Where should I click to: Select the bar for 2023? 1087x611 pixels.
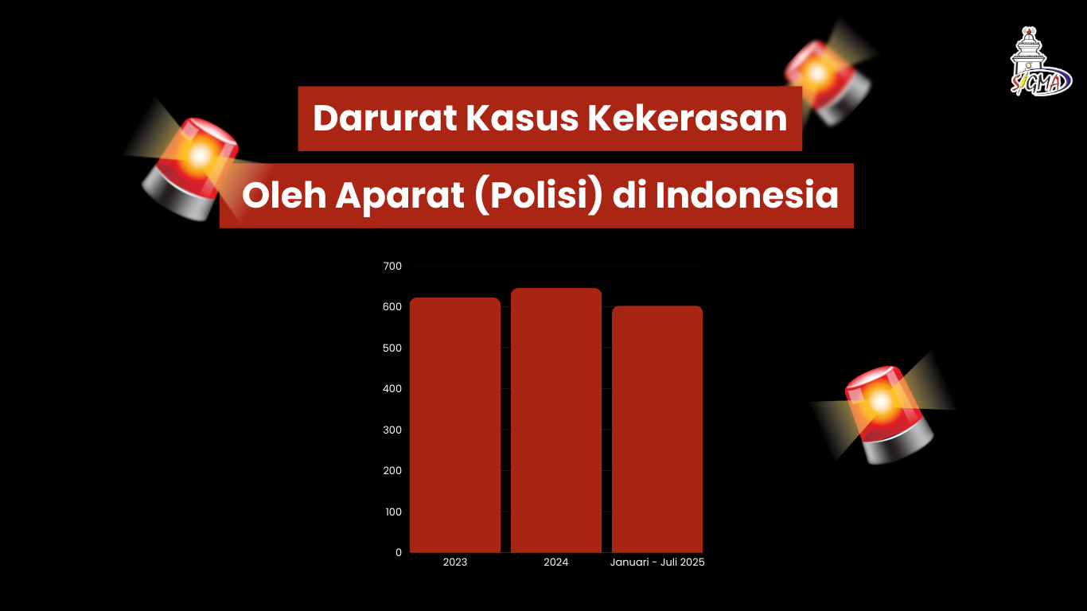[x=454, y=425]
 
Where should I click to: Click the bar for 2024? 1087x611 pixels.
[x=556, y=420]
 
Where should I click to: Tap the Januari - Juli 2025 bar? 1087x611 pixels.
[x=657, y=429]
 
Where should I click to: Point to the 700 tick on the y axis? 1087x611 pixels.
[x=392, y=266]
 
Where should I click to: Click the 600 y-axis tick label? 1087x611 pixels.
[x=392, y=307]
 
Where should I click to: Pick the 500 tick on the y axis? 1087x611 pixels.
[x=392, y=348]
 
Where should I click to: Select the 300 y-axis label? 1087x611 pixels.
[x=392, y=430]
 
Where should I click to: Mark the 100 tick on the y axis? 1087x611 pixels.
[x=393, y=512]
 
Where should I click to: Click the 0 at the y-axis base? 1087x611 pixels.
[x=399, y=552]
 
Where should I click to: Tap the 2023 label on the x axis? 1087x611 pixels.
[x=454, y=562]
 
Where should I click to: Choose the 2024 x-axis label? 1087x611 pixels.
[x=555, y=562]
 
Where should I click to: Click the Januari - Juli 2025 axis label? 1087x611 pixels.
[x=657, y=562]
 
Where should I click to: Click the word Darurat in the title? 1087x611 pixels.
[x=385, y=119]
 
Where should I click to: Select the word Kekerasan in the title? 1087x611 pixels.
[x=688, y=119]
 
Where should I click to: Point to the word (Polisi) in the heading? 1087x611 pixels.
[x=539, y=196]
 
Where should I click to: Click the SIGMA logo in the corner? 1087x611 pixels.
[x=1040, y=61]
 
